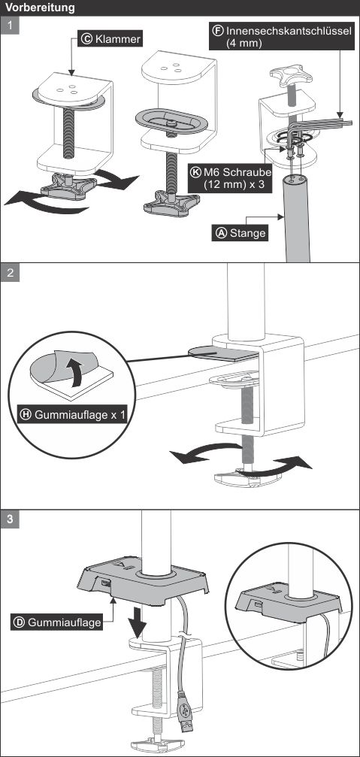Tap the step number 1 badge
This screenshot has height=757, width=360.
point(10,25)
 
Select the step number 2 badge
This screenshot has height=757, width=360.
point(10,272)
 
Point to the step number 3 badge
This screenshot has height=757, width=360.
point(10,519)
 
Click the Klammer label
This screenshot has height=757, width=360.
point(111,38)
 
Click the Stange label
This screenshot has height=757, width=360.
point(241,233)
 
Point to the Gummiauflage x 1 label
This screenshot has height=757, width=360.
point(73,414)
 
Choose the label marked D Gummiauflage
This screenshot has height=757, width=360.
point(57,622)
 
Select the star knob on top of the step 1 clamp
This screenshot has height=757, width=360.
point(288,76)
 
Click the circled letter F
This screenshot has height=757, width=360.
point(218,30)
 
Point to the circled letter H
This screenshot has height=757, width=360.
point(26,414)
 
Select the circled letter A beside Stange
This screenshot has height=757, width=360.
point(221,233)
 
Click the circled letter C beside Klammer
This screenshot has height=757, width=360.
point(87,38)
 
